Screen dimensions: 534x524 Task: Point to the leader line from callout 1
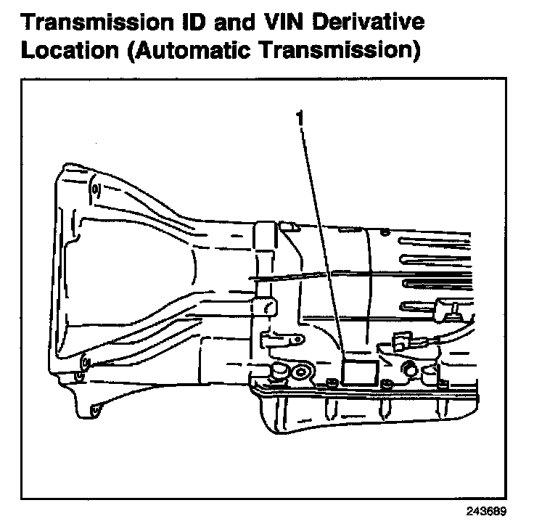319,240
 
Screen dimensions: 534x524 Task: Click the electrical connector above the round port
400,340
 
